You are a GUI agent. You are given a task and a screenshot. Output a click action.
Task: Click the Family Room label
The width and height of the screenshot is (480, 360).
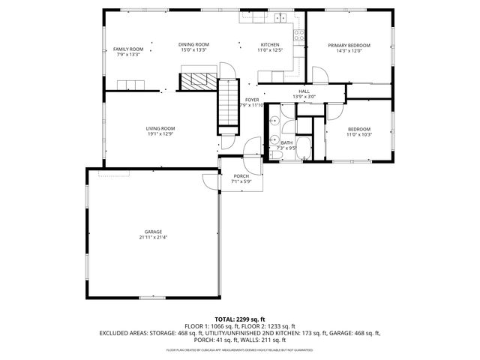[127, 49]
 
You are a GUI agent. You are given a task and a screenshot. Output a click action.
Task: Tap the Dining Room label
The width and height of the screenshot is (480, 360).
[193, 44]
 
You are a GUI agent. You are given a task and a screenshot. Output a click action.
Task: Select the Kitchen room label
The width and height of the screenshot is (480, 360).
[269, 44]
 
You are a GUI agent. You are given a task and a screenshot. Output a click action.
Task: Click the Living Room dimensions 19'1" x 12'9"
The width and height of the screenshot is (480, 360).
[160, 133]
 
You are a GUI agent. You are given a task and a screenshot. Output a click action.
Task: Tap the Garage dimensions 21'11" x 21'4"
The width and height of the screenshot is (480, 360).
[153, 237]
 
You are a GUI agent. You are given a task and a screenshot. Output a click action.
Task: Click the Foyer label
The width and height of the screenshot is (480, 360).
[252, 100]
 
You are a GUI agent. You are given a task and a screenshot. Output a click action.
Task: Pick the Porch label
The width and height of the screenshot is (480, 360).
[241, 175]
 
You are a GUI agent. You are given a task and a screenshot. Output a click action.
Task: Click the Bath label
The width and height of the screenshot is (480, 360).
[286, 142]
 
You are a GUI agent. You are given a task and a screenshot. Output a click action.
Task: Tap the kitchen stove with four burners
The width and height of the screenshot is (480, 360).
[298, 34]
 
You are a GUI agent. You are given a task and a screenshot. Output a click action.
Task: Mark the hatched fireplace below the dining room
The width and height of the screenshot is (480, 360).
[198, 80]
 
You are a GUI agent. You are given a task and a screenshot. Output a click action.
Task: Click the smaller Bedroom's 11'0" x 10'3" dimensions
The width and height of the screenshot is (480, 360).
[358, 134]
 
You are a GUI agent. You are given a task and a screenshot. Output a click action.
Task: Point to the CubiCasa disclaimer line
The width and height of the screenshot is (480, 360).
[240, 349]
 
